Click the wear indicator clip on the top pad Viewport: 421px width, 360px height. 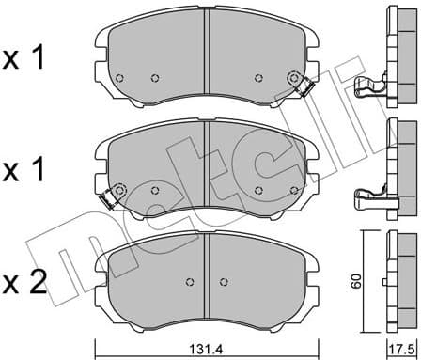(300, 85)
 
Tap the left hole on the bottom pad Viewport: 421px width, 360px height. (190, 281)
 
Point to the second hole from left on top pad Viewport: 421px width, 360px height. (157, 77)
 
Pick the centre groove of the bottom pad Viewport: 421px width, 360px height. (209, 273)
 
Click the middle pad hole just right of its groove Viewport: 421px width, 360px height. (257, 188)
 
